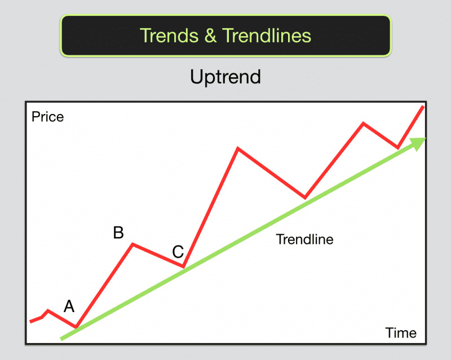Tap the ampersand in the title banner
[209, 36]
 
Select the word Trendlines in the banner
[266, 36]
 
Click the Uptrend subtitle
[225, 76]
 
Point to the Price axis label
[48, 117]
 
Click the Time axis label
[401, 332]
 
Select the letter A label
[69, 306]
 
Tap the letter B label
[118, 232]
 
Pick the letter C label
[178, 251]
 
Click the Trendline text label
[304, 239]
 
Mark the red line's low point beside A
[76, 327]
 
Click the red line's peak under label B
[132, 244]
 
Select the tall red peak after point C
[238, 148]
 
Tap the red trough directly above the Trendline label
[305, 197]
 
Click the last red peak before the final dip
[364, 123]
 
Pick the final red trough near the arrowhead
[398, 148]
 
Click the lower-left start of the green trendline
[61, 339]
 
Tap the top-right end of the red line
[422, 107]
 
